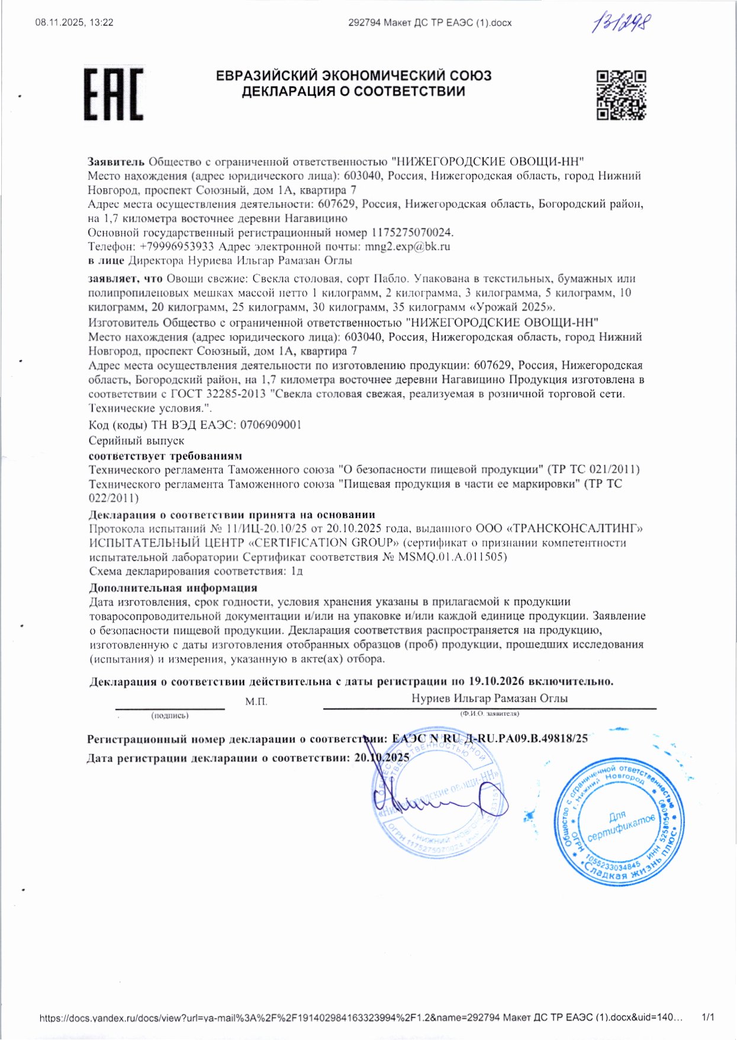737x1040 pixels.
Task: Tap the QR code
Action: [x=620, y=95]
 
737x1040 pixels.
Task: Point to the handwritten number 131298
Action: [x=622, y=24]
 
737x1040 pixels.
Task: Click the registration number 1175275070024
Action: [x=412, y=232]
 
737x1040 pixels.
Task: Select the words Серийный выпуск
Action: [x=136, y=441]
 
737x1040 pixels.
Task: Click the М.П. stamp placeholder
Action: [x=256, y=702]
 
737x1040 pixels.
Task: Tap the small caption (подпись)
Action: [x=170, y=716]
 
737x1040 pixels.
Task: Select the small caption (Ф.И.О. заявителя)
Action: [x=490, y=713]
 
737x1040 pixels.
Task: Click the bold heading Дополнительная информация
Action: [x=173, y=588]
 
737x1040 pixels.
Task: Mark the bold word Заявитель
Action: [x=116, y=162]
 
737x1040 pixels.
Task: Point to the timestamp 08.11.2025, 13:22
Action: [x=75, y=22]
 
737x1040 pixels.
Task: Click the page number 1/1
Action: [x=708, y=1018]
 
